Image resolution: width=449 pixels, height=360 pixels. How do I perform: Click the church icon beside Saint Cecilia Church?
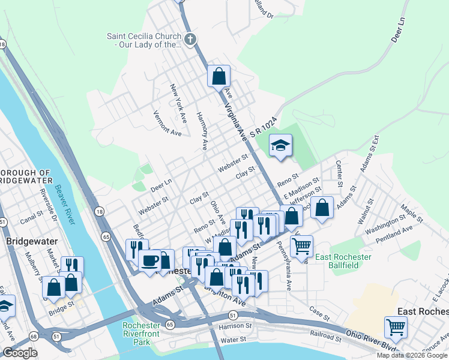(190, 40)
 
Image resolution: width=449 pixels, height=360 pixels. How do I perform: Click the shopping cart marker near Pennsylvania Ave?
(301, 245)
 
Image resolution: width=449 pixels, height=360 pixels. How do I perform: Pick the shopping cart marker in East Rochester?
(396, 328)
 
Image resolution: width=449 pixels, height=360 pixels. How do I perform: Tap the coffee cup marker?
(149, 260)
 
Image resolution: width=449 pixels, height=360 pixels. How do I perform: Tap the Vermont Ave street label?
(167, 123)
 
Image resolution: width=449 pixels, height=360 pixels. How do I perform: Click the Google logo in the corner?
(20, 353)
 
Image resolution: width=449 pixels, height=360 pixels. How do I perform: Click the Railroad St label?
(326, 335)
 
